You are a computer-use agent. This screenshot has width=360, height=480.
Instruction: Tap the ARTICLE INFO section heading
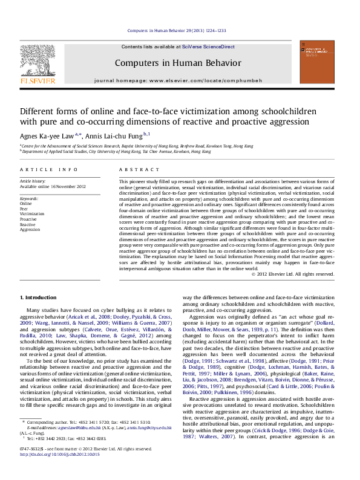49,170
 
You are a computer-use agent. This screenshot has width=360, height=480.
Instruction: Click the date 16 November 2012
68,187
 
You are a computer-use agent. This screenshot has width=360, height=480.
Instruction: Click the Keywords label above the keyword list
30,198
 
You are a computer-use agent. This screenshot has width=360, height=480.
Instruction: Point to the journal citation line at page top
180,30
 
